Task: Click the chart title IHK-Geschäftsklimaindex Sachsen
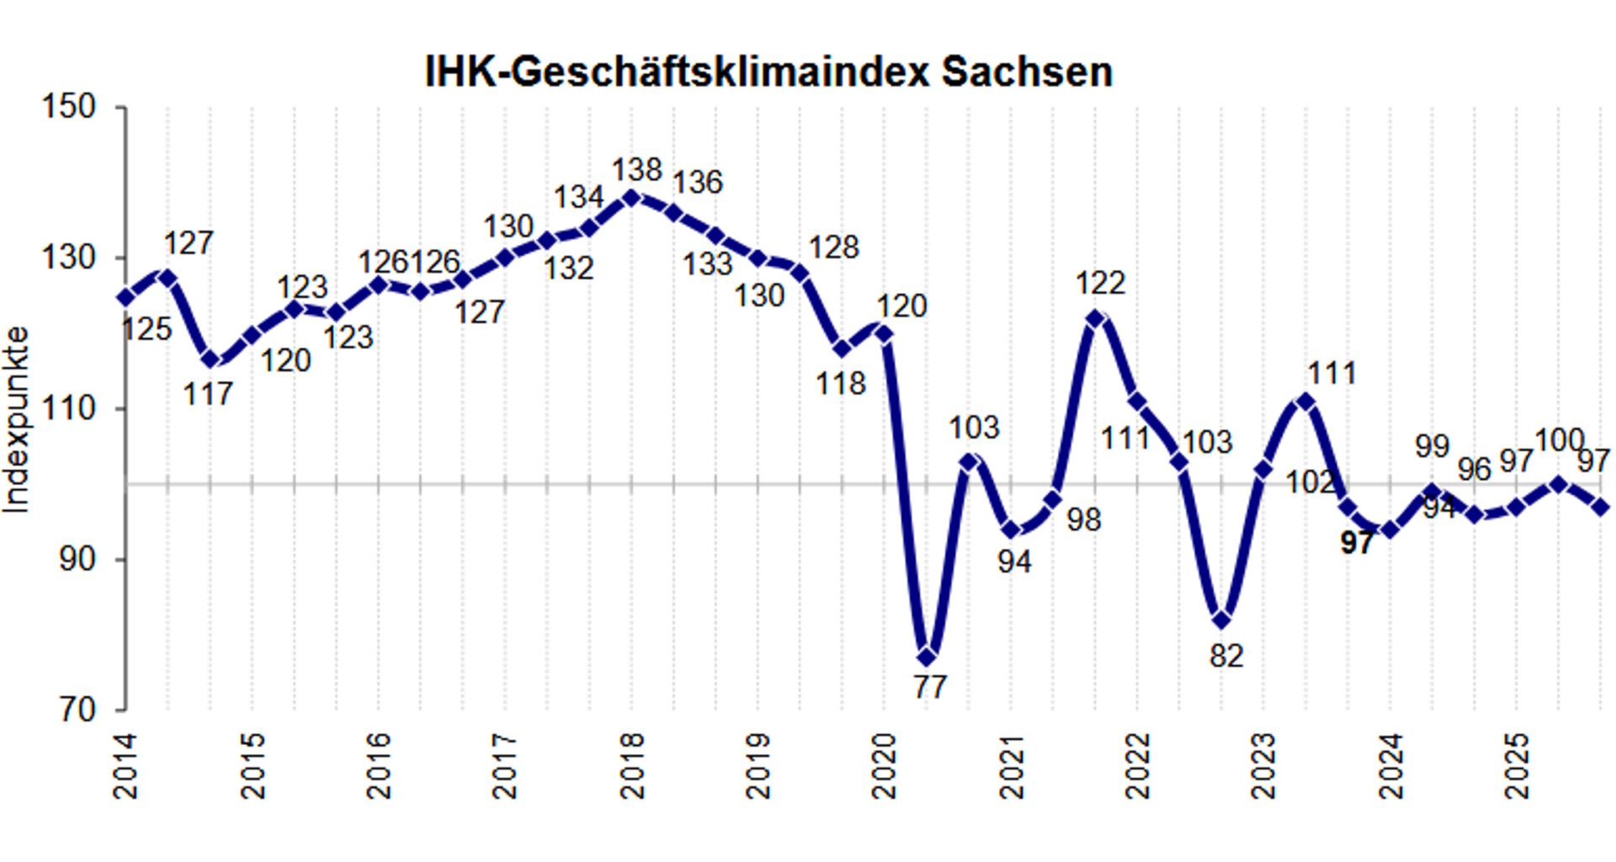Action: pos(768,72)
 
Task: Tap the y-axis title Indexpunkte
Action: pos(17,419)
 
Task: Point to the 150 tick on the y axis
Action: pos(68,107)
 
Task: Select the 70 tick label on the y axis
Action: pos(77,710)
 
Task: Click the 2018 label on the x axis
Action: pos(631,766)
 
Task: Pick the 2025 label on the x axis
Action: pos(1516,766)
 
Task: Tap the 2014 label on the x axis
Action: pos(125,766)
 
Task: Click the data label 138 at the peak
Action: pos(636,170)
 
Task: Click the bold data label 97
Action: pos(1356,544)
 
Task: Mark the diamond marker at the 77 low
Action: pos(927,657)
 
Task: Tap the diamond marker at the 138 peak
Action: pos(632,198)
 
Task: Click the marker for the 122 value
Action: pos(1095,318)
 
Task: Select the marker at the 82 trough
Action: pos(1222,620)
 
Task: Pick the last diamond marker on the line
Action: pos(1601,507)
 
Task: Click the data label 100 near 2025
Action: pos(1559,439)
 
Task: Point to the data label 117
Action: pos(208,394)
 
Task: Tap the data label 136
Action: pos(698,183)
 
